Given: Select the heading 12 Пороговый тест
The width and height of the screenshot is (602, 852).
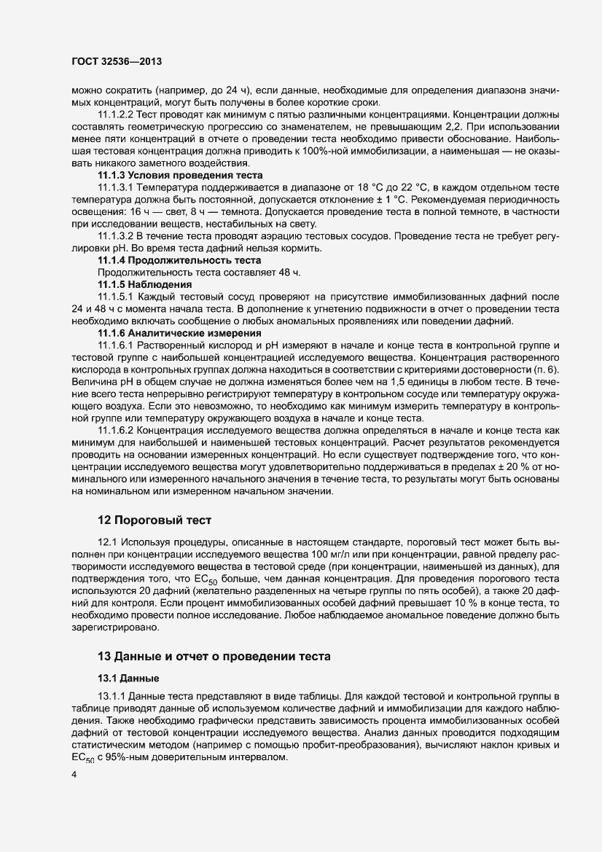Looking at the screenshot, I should point(155,520).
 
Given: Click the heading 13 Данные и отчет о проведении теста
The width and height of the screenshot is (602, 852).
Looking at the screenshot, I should point(214,656).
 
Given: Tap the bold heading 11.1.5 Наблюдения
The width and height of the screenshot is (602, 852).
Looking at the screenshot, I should point(145,284).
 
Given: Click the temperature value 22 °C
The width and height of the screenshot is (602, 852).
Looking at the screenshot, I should point(416,188).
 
